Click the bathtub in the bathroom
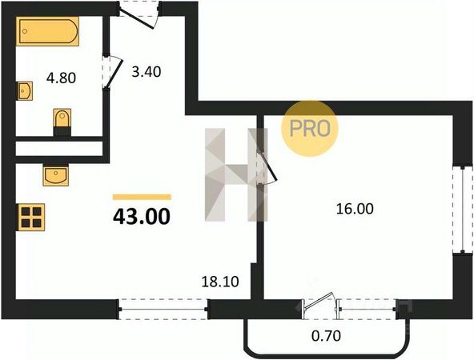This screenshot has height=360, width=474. pos(47,31)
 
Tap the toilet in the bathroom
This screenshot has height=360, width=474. pos(62,122)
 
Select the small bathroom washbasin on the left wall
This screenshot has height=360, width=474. pos(24,90)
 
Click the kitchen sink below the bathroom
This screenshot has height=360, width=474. pos(55,175)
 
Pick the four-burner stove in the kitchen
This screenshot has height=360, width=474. pos(31,217)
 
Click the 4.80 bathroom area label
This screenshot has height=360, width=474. pos(61,78)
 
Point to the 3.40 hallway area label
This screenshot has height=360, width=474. pos(147,72)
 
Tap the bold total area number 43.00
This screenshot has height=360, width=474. pos(142,216)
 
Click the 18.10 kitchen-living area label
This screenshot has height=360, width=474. pos(220,282)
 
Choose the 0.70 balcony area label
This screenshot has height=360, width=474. pos(326,336)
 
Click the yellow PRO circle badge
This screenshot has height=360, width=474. pos(310,128)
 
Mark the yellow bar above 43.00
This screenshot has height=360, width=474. pos(142,198)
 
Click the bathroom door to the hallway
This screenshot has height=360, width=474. pos(113,72)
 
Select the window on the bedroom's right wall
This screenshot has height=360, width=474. pos(463,210)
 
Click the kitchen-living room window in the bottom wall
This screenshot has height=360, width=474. pos(163,310)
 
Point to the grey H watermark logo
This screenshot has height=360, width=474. pos(236,174)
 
